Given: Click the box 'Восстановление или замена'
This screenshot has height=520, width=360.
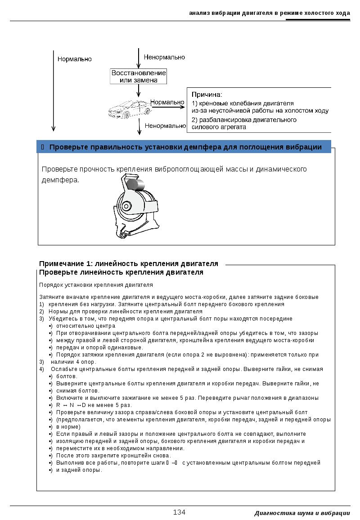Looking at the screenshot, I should (139, 76).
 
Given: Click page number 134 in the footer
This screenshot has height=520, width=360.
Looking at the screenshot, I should (179, 512).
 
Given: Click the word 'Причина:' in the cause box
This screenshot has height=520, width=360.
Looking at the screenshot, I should (207, 95).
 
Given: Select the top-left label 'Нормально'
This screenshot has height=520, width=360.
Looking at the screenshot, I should (74, 59).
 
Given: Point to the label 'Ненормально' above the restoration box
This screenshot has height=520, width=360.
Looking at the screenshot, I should (164, 57).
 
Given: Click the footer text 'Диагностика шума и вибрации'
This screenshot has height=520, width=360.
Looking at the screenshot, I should (302, 513).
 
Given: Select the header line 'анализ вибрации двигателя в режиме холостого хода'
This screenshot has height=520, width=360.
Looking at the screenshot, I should (269, 13).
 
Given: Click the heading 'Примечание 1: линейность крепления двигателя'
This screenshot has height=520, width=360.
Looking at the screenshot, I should (129, 264).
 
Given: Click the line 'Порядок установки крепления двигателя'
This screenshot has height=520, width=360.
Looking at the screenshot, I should (96, 285).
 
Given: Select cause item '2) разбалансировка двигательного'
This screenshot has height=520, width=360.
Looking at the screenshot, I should (244, 120).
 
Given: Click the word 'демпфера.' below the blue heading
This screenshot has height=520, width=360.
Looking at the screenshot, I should (60, 180).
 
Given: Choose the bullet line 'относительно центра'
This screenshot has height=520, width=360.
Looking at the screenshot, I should (85, 326).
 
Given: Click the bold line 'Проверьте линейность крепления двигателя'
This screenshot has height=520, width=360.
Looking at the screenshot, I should (121, 272).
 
